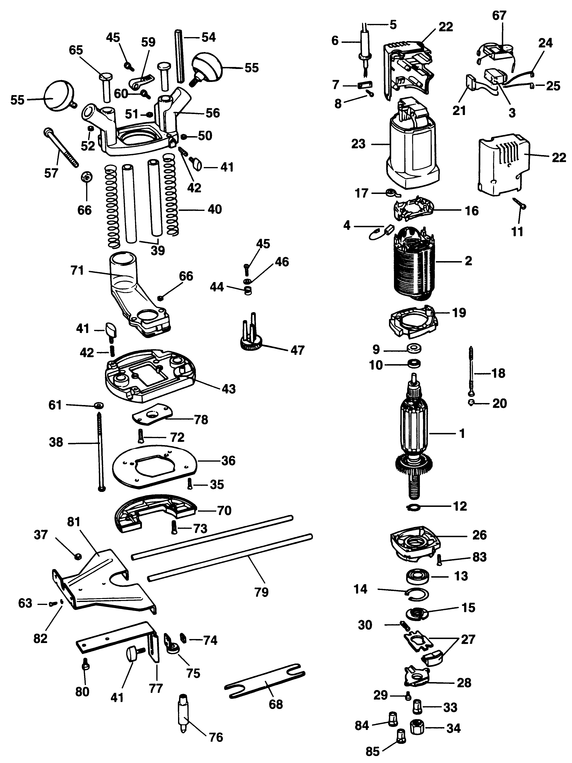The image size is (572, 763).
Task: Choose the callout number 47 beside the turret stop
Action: pos(297,350)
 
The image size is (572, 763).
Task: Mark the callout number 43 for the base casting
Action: pos(228,389)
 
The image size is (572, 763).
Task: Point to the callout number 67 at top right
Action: pos(499,16)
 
